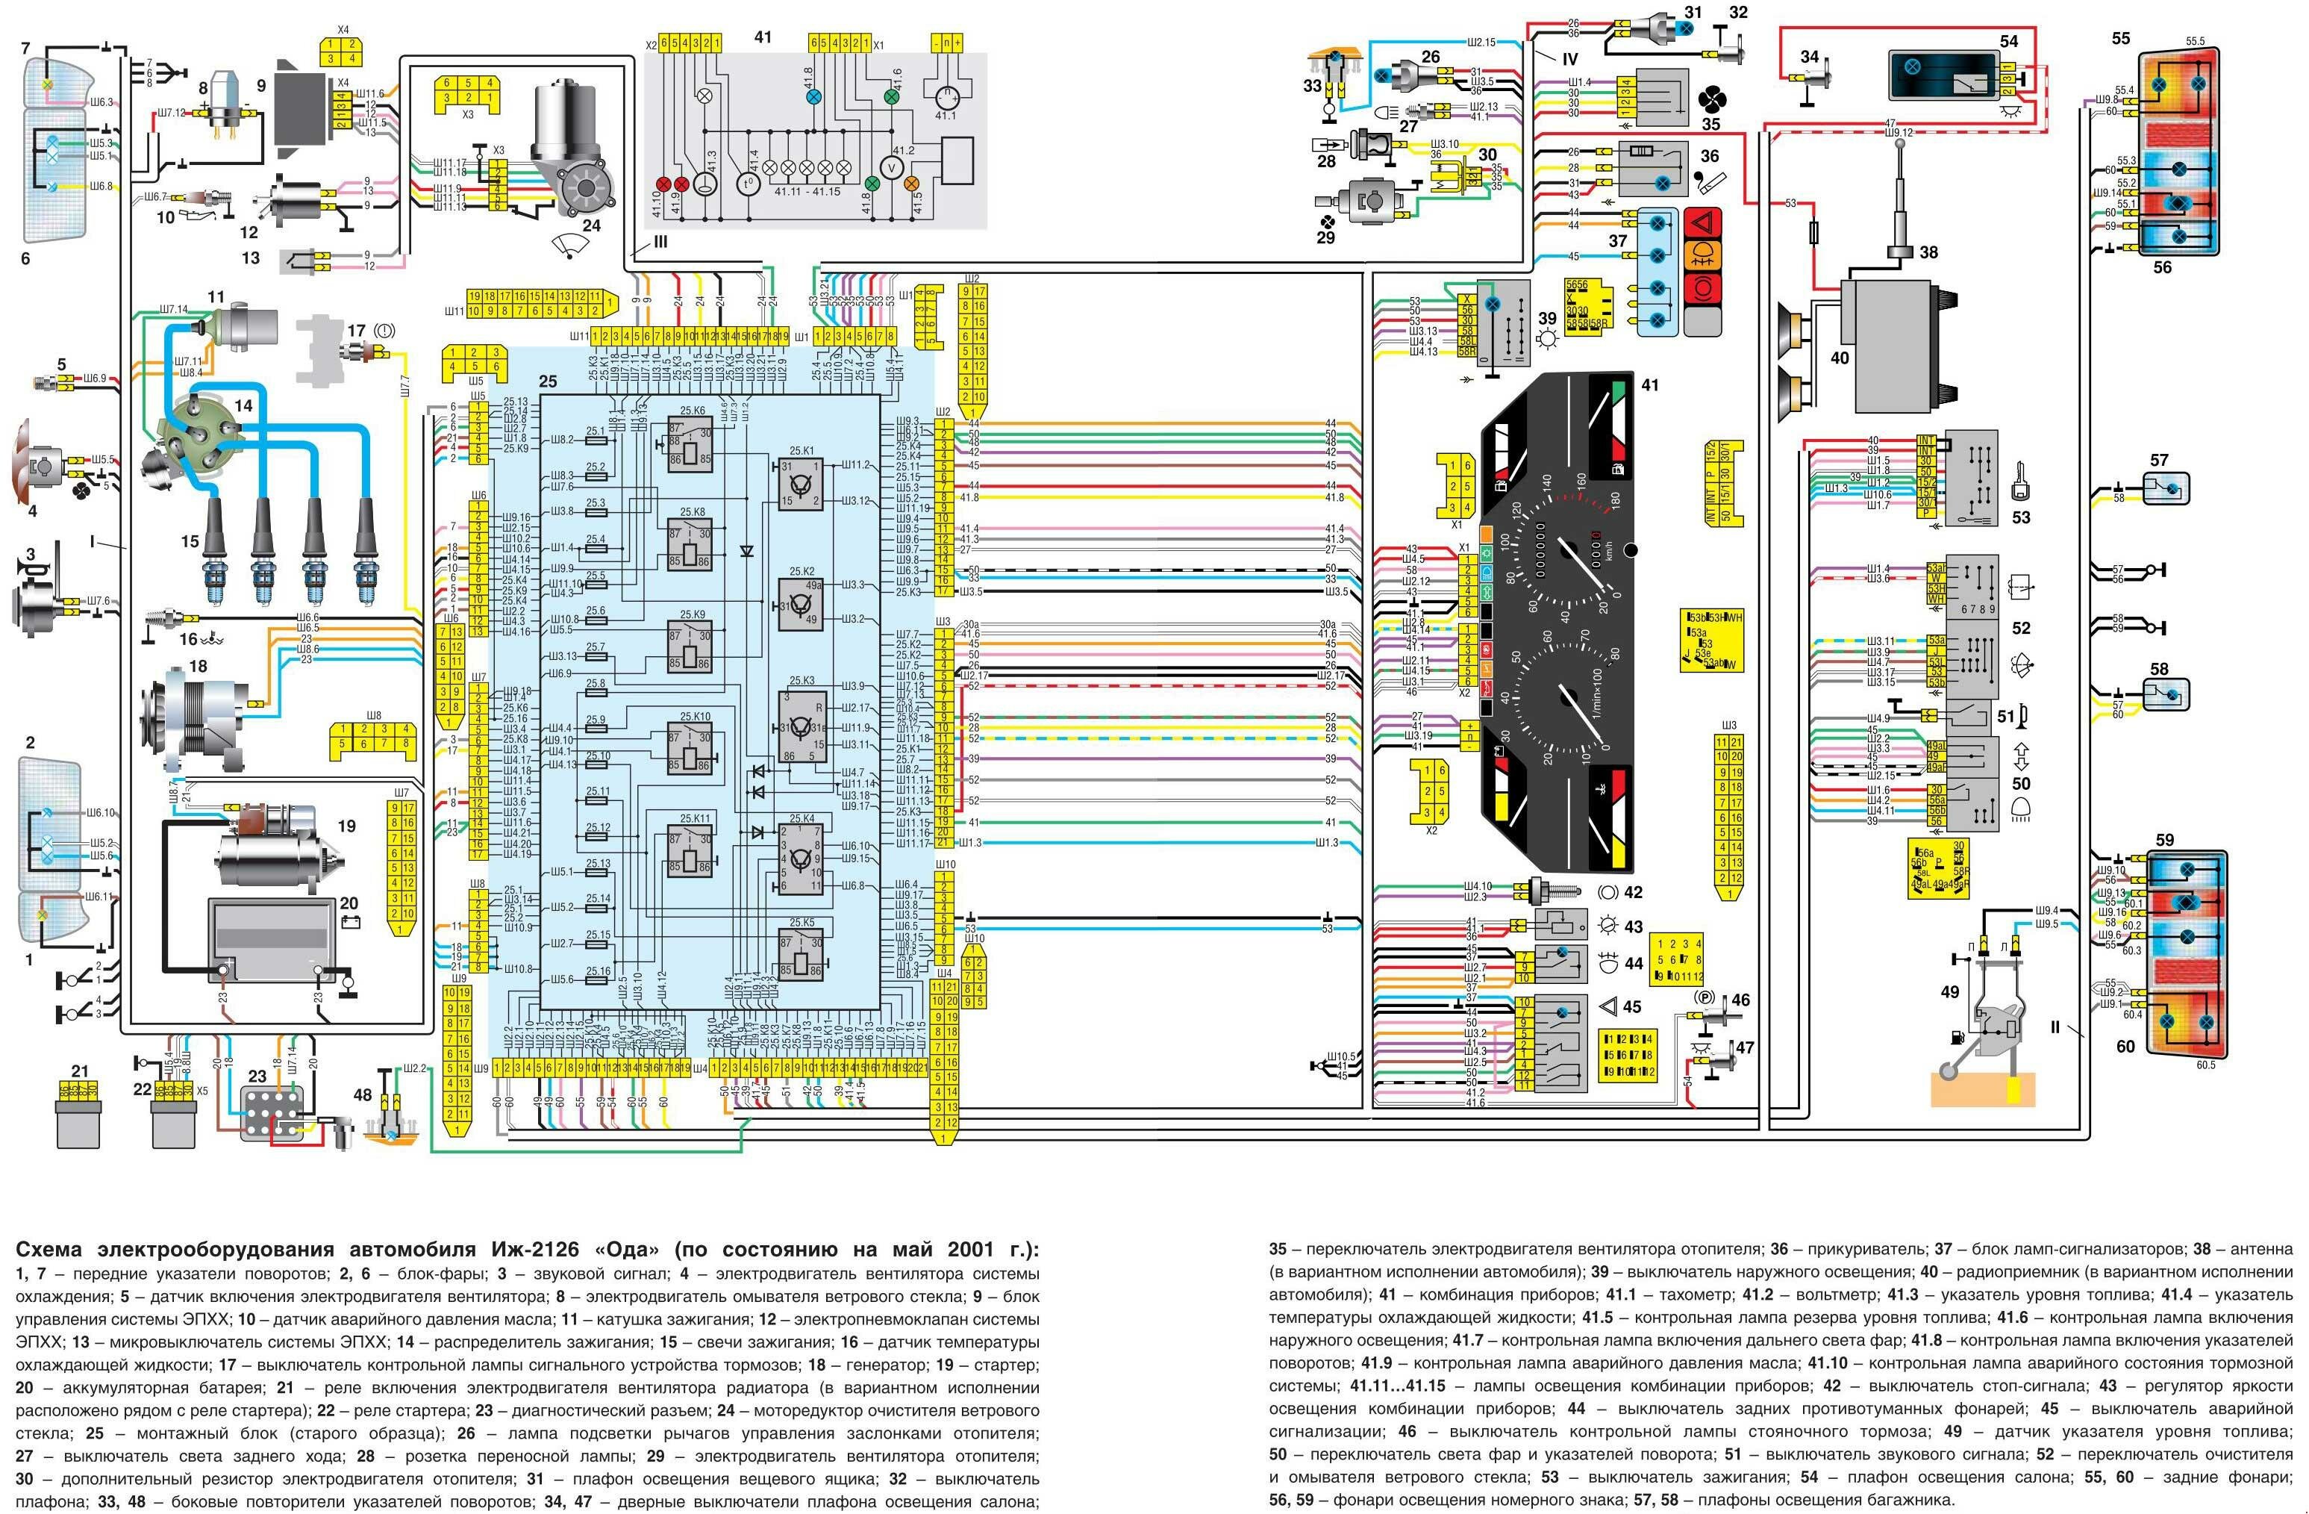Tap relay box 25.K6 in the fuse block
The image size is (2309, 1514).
[690, 444]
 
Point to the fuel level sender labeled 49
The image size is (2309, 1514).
[1989, 1029]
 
